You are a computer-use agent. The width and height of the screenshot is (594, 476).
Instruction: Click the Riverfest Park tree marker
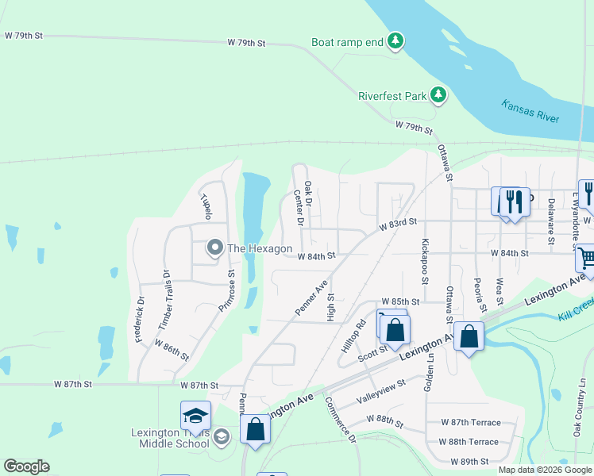pyautogui.click(x=438, y=96)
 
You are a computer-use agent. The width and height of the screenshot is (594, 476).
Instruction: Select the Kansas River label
pyautogui.click(x=530, y=110)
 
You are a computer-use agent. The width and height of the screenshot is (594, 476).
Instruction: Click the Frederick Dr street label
pyautogui.click(x=141, y=320)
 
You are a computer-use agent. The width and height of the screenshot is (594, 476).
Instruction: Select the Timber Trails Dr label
pyautogui.click(x=165, y=301)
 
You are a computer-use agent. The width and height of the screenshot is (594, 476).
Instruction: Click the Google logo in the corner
pyautogui.click(x=26, y=466)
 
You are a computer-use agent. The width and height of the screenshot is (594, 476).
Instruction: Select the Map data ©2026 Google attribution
pyautogui.click(x=544, y=470)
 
